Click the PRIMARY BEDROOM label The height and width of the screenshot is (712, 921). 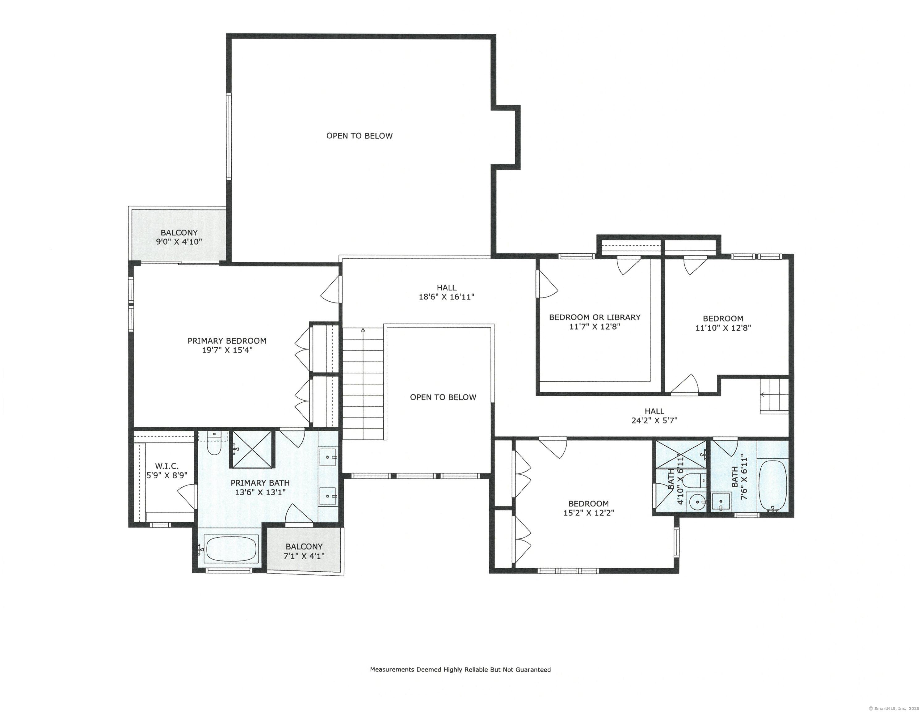click(x=227, y=341)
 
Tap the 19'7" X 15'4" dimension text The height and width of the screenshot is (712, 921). click(x=227, y=350)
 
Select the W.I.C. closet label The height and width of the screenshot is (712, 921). click(x=166, y=466)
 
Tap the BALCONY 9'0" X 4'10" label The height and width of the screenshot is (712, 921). click(x=179, y=237)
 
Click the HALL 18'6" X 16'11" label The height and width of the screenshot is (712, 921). click(x=446, y=292)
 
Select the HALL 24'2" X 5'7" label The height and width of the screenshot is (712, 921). click(x=654, y=415)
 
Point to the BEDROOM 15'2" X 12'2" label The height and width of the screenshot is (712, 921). click(x=588, y=508)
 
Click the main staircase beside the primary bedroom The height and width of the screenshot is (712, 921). click(x=363, y=384)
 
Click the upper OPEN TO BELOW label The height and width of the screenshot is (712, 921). click(x=359, y=136)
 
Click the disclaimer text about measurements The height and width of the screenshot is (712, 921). click(x=460, y=670)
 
